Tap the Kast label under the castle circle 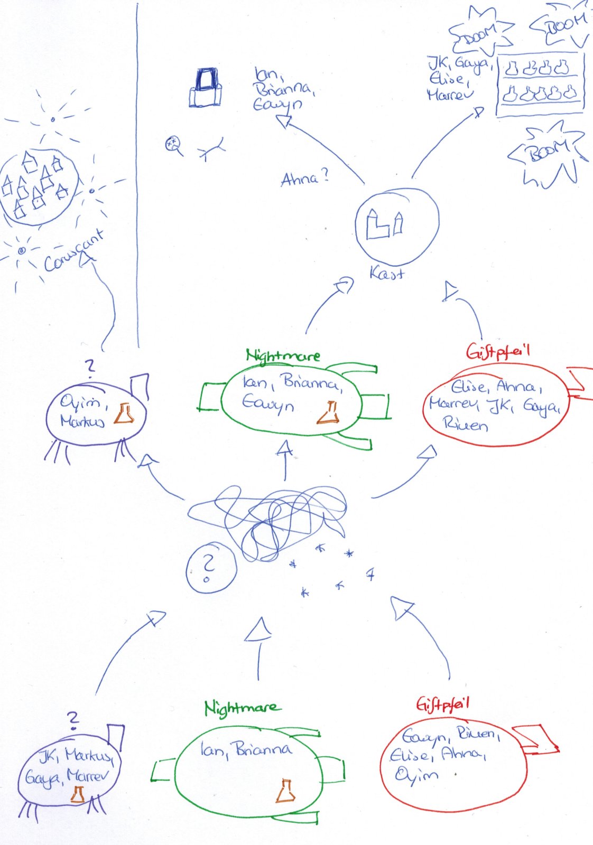[x=387, y=274]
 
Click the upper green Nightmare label [x=283, y=355]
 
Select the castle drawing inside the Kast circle [x=385, y=224]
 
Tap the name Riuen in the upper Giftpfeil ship [x=465, y=424]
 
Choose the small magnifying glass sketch [x=173, y=144]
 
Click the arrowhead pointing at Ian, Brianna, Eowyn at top [x=284, y=122]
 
